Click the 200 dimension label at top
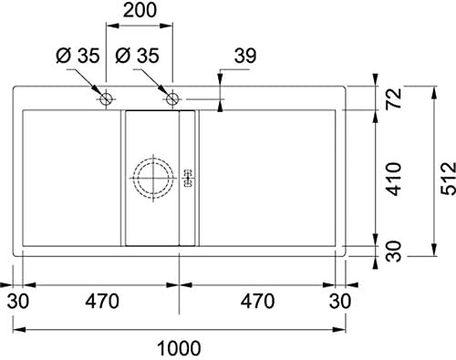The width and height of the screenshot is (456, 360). coord(140,10)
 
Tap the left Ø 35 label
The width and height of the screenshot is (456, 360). coord(78,56)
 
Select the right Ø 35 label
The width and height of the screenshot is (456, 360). coord(138,56)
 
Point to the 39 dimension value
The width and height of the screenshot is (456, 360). coord(245,56)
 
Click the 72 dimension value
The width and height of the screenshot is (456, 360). coord(395,98)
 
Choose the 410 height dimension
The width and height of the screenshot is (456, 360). coord(395,179)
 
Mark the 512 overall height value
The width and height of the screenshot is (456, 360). coord(449,179)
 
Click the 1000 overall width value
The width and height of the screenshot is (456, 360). coord(179,348)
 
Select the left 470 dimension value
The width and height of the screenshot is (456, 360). coord(102,302)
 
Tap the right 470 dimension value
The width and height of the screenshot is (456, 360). coord(257,302)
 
